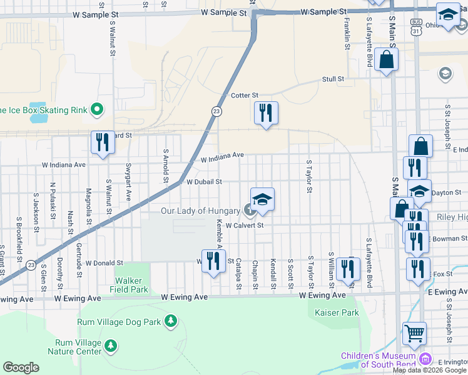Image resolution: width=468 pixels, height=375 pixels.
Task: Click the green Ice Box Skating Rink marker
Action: [96, 110]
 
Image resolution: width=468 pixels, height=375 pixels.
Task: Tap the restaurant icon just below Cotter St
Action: [266, 113]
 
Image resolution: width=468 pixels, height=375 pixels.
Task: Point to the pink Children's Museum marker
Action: [425, 359]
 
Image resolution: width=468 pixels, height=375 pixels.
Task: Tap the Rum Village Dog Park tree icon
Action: [170, 321]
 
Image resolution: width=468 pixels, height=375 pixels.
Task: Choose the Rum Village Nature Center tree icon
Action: [111, 345]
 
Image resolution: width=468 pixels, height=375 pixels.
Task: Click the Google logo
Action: [21, 367]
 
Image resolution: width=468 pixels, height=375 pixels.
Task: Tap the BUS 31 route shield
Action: [416, 26]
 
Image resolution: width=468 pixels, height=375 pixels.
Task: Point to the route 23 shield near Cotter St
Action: [216, 111]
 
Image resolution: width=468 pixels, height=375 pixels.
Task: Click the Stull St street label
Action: [333, 79]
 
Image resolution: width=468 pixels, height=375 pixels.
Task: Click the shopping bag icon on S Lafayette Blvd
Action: [387, 61]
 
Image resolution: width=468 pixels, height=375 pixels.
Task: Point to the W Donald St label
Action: [104, 263]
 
